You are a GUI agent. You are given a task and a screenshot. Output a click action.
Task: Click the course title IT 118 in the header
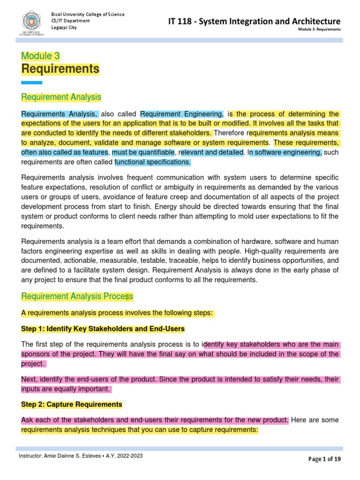pos(254,21)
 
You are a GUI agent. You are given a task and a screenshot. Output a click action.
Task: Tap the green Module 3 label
pos(40,56)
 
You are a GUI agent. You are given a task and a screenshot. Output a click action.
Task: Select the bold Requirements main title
pos(60,69)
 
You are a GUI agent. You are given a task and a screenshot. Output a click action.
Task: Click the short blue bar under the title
pos(32,82)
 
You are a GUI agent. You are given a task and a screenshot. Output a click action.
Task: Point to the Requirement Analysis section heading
pos(61,97)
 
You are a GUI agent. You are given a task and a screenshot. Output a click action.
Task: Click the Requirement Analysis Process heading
pos(77,296)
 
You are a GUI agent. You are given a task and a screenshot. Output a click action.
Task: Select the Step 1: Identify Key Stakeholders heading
pos(103,328)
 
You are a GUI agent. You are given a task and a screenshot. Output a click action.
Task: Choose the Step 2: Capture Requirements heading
pos(72,404)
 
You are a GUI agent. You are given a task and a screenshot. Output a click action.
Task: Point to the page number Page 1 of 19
pos(324,459)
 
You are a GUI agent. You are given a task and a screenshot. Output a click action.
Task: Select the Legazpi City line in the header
pos(64,28)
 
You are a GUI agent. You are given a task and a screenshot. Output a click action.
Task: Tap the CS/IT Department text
pos(70,21)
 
